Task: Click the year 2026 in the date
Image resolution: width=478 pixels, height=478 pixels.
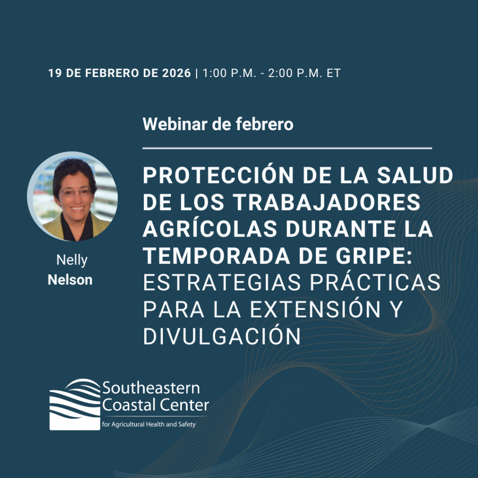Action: [x=176, y=73]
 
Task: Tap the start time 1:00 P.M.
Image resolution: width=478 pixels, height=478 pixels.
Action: [x=229, y=73]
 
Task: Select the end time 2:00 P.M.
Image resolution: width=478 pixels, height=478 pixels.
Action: [x=295, y=73]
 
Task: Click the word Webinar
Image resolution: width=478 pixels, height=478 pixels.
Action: [x=175, y=124]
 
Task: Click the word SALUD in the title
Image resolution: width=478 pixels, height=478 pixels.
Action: [x=415, y=176]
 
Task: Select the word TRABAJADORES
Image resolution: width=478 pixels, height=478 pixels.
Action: [x=326, y=202]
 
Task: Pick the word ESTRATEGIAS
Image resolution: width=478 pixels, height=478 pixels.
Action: [x=222, y=282]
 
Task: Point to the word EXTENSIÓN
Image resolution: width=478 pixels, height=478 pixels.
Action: [x=315, y=309]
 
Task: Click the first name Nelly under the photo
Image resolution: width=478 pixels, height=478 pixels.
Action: [x=72, y=260]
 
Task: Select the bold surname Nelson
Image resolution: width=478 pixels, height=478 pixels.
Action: [x=70, y=280]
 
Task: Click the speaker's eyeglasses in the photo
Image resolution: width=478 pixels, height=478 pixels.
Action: [x=76, y=192]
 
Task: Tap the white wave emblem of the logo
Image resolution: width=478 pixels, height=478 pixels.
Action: [x=75, y=404]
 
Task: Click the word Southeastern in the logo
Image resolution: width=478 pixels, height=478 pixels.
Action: [x=151, y=388]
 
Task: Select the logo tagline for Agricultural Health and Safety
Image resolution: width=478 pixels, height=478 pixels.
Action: [x=149, y=424]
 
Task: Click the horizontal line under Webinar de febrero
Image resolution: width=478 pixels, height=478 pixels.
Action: [x=287, y=148]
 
